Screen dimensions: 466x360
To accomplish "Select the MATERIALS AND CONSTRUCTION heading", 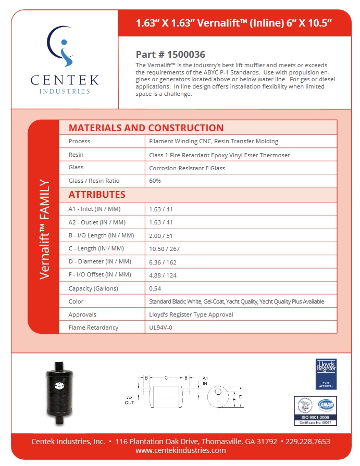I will (146, 128).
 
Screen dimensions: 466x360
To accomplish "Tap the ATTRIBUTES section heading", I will (97, 195).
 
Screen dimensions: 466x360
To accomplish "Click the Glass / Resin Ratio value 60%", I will (155, 181).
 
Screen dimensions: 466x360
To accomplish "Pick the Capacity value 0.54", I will (155, 288).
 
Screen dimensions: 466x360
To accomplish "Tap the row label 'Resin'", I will (76, 155).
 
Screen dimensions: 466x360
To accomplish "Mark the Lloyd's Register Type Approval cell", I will (191, 314).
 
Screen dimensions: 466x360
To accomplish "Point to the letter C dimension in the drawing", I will (165, 377).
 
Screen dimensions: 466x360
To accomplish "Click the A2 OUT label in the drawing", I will (130, 400).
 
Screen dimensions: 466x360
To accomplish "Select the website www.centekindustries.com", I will (180, 450).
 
